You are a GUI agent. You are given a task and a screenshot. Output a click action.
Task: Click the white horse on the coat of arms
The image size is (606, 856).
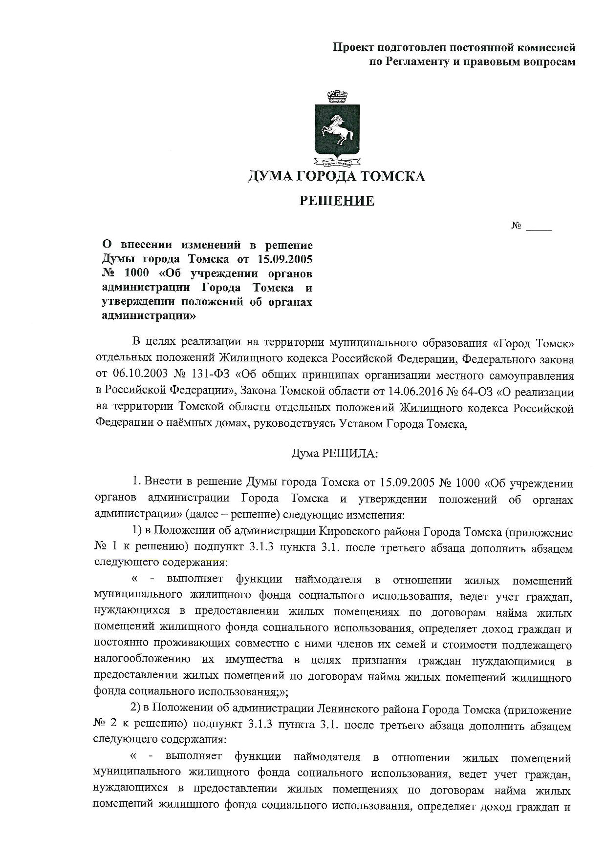337,128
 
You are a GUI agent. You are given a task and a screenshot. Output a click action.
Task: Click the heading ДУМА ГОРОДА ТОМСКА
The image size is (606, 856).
337,176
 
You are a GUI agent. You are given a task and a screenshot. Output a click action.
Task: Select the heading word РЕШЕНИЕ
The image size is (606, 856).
337,201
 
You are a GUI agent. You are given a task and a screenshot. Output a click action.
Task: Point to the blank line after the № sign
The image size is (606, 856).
539,228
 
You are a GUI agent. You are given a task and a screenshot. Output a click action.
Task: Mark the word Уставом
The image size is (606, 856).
361,424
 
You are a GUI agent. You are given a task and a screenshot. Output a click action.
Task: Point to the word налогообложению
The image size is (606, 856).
142,660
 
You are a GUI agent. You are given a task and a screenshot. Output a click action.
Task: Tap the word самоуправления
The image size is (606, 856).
534,376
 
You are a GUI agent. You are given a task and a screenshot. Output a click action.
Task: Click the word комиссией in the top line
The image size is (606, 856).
546,48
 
